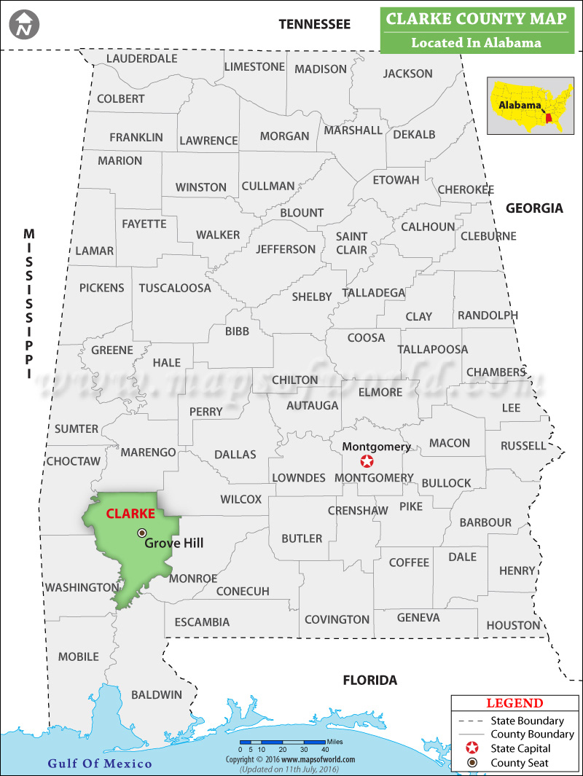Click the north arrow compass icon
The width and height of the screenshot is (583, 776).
25,25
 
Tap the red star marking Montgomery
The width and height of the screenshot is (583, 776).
367,461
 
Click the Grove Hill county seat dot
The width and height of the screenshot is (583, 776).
142,533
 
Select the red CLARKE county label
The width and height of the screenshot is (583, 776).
130,513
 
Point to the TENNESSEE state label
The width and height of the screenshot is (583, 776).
314,24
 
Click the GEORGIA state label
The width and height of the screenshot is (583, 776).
534,208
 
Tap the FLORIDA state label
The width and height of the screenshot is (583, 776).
370,681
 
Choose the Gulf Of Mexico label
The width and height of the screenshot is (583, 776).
100,764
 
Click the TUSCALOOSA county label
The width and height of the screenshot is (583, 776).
175,288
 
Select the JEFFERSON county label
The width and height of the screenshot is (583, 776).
286,249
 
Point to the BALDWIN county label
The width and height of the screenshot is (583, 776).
157,694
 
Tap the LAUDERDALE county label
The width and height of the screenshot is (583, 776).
142,58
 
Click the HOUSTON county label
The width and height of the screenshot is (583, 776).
513,625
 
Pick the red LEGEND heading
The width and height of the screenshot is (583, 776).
514,703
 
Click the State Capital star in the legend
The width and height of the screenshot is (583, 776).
472,748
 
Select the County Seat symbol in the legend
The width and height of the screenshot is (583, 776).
472,763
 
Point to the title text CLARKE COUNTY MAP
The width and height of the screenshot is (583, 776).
476,18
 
